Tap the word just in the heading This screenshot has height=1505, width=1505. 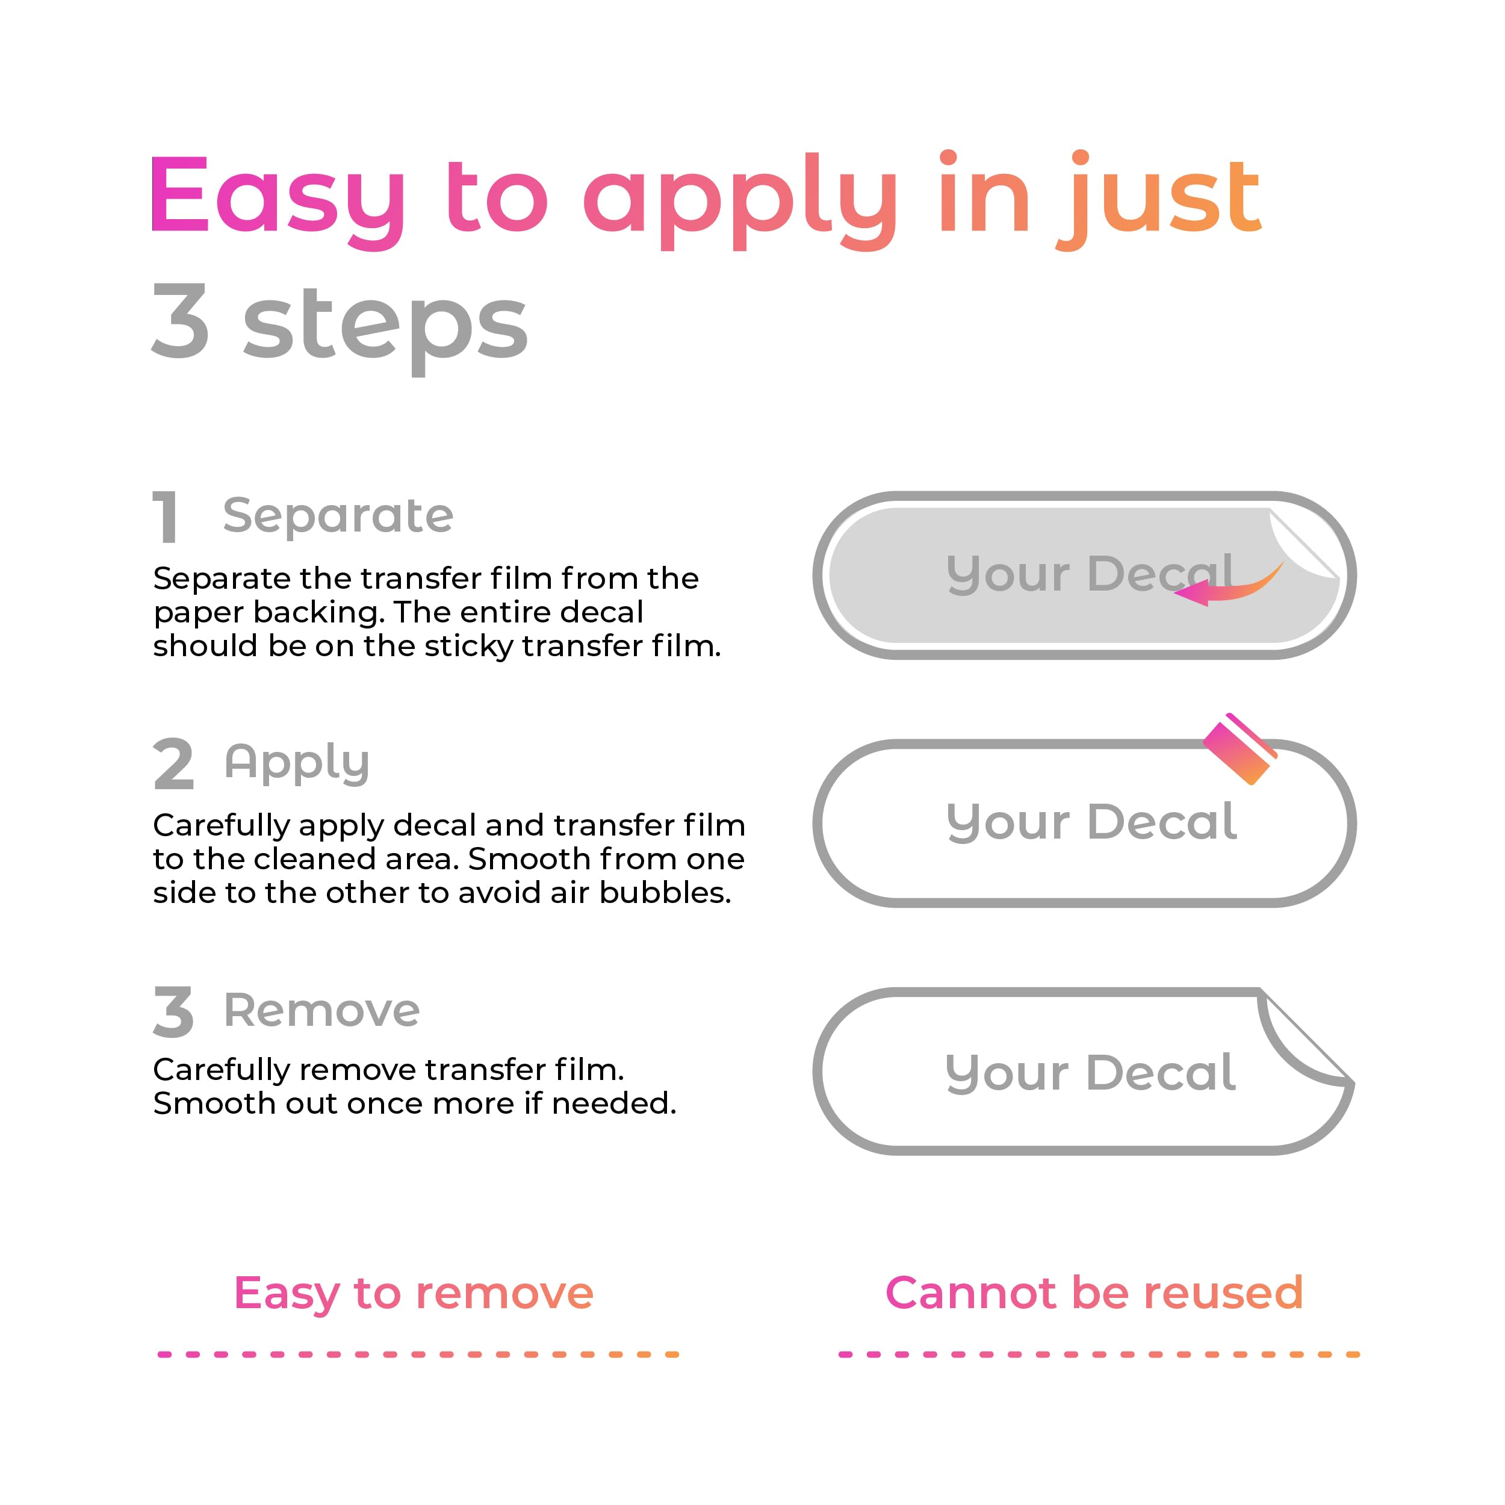pyautogui.click(x=1158, y=199)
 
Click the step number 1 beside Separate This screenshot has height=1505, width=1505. pyautogui.click(x=165, y=516)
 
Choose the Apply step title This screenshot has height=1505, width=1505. pyautogui.click(x=297, y=763)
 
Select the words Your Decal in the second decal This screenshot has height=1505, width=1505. pyautogui.click(x=1091, y=822)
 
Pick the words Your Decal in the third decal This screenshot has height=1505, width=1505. pyautogui.click(x=1091, y=1073)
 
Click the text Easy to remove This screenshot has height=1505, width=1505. pyautogui.click(x=414, y=1293)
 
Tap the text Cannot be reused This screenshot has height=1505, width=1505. pyautogui.click(x=1094, y=1292)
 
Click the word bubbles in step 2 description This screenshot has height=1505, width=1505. pyautogui.click(x=665, y=893)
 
